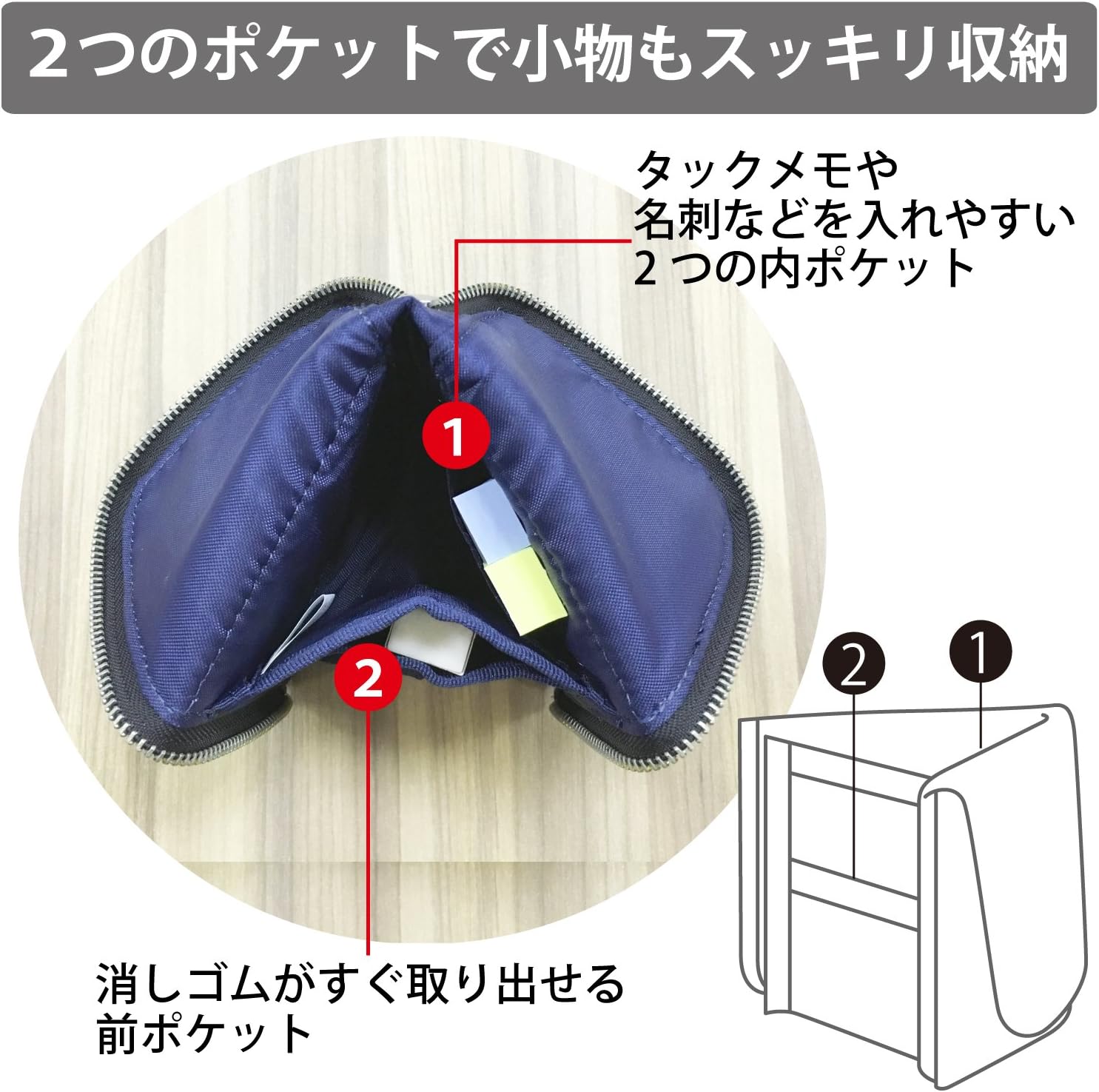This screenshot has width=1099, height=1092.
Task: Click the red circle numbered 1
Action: (455, 435)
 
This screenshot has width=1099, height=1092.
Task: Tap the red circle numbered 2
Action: (368, 677)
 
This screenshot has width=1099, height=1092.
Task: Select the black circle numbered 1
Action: (980, 652)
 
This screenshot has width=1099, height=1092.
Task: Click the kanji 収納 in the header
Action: (997, 56)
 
